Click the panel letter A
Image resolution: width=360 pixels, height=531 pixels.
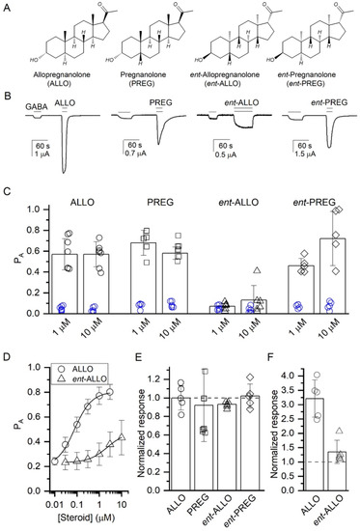(8, 7)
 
